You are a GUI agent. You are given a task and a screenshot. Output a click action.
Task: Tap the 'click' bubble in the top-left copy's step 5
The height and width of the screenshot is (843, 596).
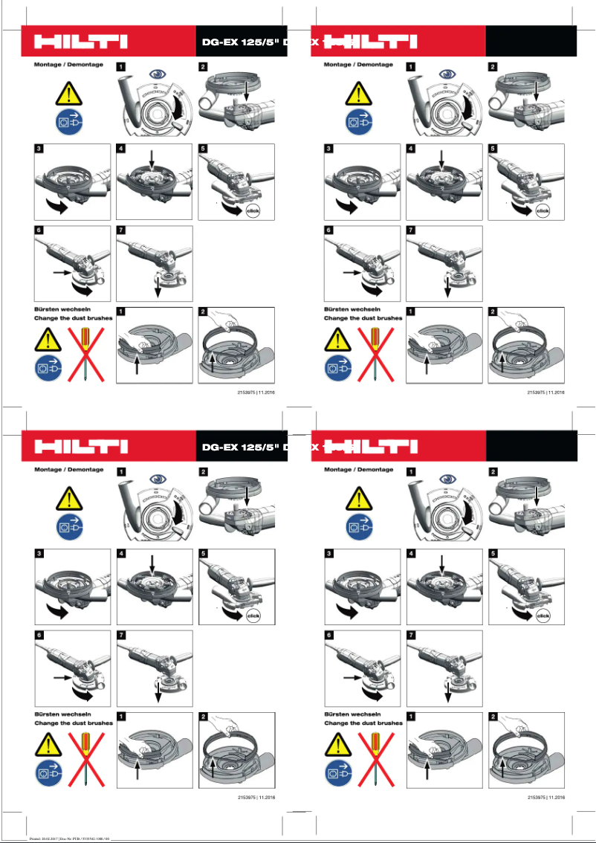click(x=253, y=210)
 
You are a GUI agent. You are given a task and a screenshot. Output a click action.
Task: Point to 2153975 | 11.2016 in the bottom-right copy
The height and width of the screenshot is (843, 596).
click(x=546, y=797)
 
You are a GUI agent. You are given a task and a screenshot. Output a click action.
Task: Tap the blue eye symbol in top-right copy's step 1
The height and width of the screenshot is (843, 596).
click(x=447, y=74)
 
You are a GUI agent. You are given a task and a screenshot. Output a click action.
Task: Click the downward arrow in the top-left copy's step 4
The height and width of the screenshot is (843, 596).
click(x=152, y=158)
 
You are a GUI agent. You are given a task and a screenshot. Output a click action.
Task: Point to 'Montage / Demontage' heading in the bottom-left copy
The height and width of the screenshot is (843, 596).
click(x=68, y=470)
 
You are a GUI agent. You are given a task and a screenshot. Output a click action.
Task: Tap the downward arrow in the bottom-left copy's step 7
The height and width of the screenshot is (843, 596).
click(x=158, y=694)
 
